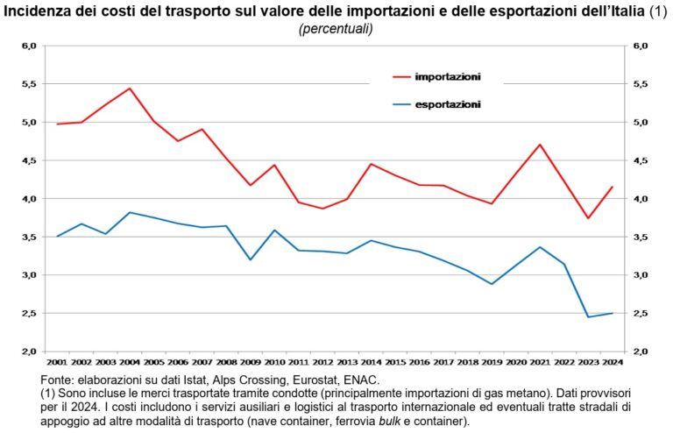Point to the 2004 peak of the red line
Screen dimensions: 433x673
130,89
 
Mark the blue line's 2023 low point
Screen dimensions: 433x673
588,316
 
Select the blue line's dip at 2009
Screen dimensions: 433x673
251,259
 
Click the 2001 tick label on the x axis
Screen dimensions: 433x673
57,361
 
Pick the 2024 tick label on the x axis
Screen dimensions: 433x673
612,361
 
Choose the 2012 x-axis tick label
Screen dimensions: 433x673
322,361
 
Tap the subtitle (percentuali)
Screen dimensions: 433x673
336,28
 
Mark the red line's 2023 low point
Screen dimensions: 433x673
588,218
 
